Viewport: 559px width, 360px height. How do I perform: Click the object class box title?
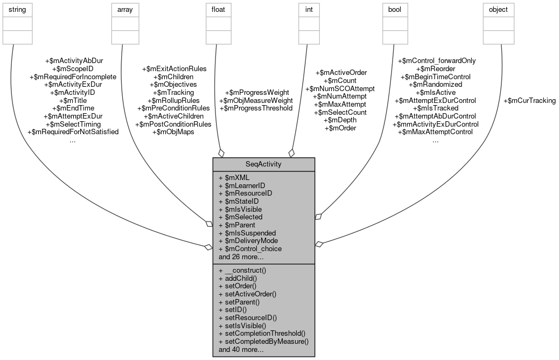498,10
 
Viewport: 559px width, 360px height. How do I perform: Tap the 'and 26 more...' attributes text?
241,257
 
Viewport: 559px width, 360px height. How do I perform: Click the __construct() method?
246,271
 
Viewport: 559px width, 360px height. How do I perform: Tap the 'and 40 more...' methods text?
241,349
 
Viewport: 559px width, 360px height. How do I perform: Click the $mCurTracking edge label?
529,100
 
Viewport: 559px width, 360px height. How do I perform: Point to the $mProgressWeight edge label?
257,92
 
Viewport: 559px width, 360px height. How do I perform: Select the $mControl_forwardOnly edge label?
436,61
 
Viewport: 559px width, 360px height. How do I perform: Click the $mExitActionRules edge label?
173,69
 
